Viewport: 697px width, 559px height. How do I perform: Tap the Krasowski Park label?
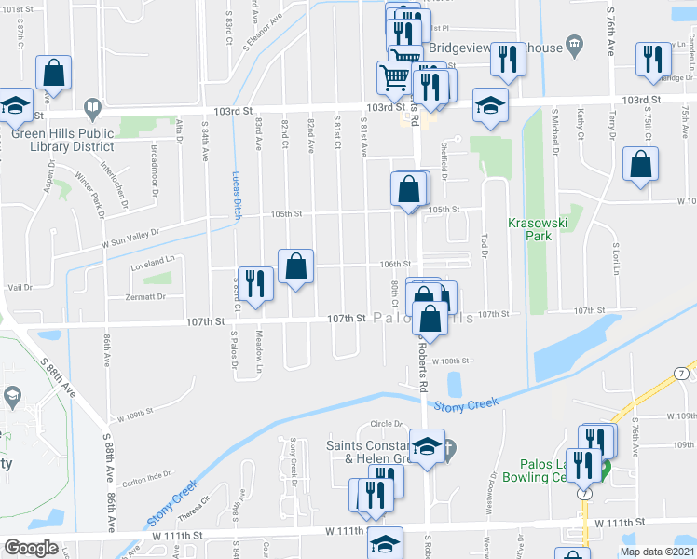(529, 229)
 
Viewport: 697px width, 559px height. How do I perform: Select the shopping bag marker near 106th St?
(295, 266)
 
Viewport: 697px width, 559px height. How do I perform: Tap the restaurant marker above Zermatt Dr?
(253, 284)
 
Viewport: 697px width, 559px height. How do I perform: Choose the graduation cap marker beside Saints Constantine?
(426, 448)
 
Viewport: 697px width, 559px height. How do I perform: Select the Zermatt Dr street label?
(145, 296)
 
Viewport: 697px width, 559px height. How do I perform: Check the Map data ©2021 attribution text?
(655, 552)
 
